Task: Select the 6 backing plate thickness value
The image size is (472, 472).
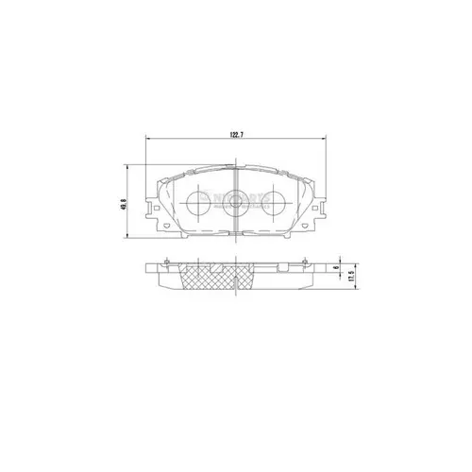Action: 337,270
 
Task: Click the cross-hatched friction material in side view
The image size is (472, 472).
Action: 232,278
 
